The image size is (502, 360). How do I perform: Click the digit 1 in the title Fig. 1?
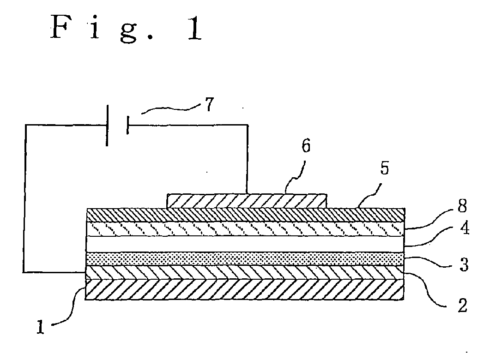tap(194, 28)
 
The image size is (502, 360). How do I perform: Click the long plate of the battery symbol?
tap(107, 125)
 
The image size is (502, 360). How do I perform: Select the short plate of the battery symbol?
tap(126, 125)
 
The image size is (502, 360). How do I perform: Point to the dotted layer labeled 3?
tap(245, 258)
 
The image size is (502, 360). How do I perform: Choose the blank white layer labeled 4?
tap(245, 244)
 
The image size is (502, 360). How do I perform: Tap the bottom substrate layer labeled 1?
tap(245, 290)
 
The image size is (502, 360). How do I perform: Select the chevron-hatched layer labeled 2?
tap(245, 272)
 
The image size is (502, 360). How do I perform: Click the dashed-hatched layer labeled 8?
tap(245, 229)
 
